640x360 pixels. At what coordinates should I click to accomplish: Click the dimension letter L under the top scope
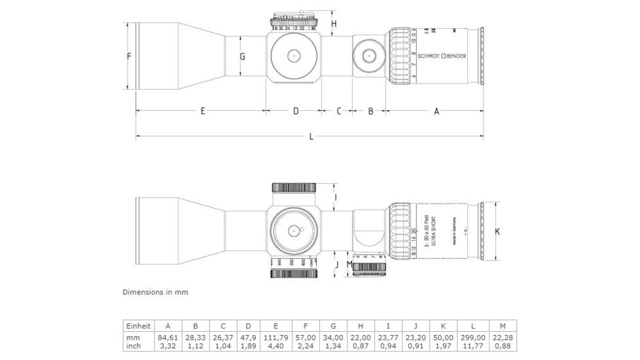point(311,137)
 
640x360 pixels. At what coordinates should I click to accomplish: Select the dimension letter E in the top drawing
point(203,111)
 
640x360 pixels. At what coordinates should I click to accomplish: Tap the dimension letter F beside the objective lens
point(129,57)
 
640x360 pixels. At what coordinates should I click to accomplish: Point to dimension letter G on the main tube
point(242,57)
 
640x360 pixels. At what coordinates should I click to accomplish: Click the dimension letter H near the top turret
point(333,24)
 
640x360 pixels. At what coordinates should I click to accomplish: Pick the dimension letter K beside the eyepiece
point(497,231)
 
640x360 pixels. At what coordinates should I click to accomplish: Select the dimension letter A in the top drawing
point(436,111)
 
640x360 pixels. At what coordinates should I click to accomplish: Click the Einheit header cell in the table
point(138,326)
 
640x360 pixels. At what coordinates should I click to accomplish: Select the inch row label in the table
point(133,346)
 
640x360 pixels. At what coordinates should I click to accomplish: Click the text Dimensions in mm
point(155,292)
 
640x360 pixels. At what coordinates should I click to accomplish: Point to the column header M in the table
point(502,326)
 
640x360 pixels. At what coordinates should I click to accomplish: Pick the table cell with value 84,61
point(168,336)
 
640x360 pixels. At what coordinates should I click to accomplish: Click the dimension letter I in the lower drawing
point(335,196)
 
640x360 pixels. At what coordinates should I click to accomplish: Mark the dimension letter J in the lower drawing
point(336,265)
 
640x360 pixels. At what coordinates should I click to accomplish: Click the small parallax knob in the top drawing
point(369,56)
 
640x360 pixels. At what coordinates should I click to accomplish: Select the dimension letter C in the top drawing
point(338,111)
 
